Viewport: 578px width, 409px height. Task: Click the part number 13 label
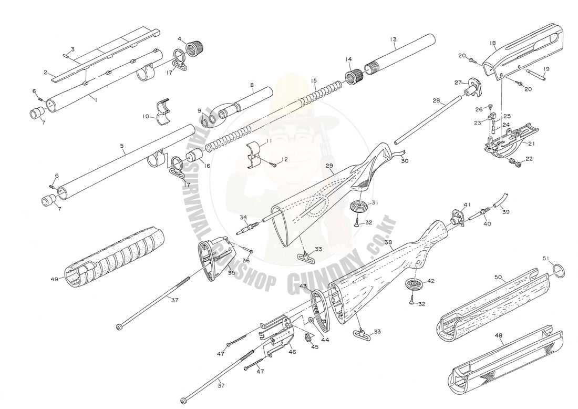[x=393, y=39]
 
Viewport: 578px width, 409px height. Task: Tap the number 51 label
[x=546, y=258]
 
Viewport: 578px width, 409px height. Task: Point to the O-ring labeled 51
[x=561, y=271]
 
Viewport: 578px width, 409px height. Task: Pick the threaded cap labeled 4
[x=195, y=48]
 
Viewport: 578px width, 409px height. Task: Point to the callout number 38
[x=388, y=242]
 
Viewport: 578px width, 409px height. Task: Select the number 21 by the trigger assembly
[x=531, y=143]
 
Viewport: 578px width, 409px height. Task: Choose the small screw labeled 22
[x=515, y=165]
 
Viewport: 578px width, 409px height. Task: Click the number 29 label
[x=329, y=166]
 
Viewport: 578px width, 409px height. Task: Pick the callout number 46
[x=292, y=352]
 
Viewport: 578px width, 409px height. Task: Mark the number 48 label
[x=498, y=334]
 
